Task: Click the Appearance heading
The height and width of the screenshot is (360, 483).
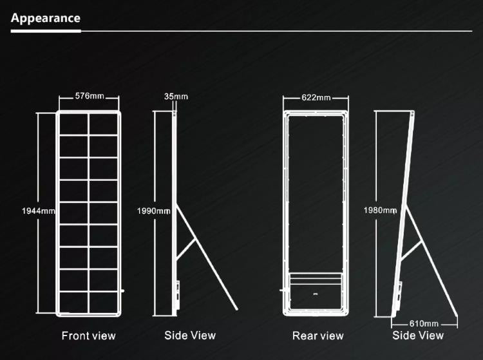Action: [46, 18]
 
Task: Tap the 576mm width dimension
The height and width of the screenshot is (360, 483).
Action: [90, 96]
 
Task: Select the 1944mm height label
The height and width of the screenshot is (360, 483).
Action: [39, 211]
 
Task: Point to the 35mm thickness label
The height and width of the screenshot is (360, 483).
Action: [176, 97]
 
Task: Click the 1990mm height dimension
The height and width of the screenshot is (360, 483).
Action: [154, 211]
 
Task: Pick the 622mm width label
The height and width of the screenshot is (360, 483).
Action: [316, 98]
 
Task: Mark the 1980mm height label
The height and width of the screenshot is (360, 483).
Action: [380, 211]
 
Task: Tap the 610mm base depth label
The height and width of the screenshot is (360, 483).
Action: [424, 324]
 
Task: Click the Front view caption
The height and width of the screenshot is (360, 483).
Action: [88, 336]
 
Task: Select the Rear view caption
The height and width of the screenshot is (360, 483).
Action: [318, 336]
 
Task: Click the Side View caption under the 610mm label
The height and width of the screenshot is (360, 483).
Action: [418, 335]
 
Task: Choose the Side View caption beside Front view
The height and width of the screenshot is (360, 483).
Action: [190, 335]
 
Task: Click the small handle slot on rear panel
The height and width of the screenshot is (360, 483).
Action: [316, 294]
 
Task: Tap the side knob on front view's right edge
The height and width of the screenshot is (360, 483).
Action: [122, 290]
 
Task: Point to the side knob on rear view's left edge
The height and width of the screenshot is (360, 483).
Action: [281, 290]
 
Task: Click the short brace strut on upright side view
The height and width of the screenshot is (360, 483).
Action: [186, 248]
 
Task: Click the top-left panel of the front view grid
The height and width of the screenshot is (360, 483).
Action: [73, 124]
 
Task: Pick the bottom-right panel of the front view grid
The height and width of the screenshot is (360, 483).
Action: [104, 303]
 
